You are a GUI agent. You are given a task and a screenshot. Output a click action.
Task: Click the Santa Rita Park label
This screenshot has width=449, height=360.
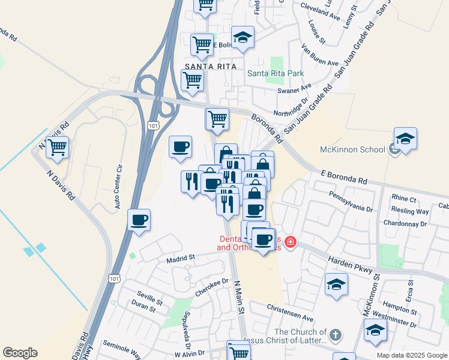[276, 73]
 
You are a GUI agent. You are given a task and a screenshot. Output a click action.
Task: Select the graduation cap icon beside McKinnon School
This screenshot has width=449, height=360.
[406, 139]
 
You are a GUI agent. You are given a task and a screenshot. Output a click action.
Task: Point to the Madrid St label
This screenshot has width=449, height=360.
[181, 257]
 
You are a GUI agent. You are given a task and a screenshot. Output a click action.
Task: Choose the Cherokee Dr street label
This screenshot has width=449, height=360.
[212, 287]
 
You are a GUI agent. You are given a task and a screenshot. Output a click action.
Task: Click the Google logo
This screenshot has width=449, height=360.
[20, 353]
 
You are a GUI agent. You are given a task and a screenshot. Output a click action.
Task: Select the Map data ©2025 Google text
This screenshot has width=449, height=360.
[411, 355]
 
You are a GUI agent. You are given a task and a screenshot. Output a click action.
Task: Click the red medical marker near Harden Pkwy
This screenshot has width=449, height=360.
[291, 242]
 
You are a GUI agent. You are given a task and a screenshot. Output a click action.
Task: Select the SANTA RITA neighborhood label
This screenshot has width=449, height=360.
[211, 66]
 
